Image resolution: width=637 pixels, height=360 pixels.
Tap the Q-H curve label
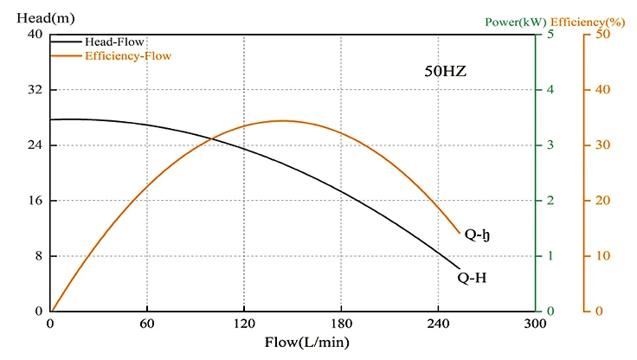[473, 278]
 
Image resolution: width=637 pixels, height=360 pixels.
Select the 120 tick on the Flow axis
[244, 325]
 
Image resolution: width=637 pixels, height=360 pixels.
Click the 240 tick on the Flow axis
[438, 325]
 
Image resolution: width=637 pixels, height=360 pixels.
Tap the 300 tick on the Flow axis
[535, 325]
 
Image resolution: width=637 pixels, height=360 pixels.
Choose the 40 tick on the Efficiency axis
[602, 90]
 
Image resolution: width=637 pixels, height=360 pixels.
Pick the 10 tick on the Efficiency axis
[602, 256]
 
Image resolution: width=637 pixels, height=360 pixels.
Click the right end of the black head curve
[460, 267]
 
